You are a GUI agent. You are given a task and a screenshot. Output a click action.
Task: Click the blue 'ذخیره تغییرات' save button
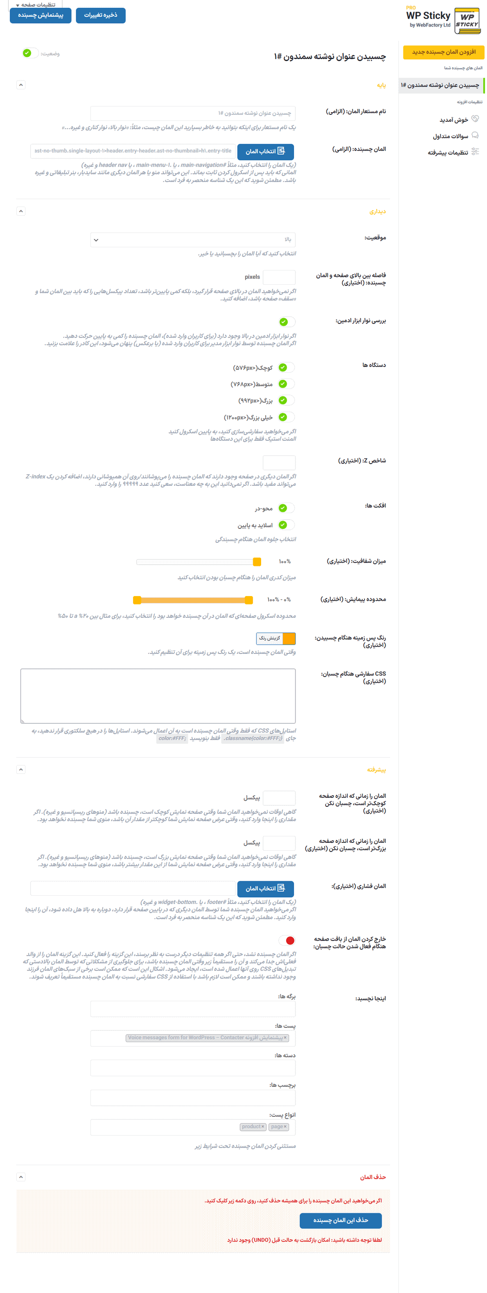click(101, 15)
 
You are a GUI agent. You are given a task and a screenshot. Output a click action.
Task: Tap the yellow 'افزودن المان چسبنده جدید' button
click(443, 52)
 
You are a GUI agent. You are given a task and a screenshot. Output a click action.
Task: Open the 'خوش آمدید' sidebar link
click(453, 120)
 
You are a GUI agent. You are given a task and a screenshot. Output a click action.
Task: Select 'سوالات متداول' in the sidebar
click(450, 136)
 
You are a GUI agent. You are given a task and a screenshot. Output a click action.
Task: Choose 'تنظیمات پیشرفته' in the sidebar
click(447, 152)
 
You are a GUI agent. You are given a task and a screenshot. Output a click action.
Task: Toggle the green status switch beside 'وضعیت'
click(30, 53)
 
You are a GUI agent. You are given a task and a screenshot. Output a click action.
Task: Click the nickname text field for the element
click(193, 113)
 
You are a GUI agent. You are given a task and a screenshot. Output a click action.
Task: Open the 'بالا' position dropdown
click(193, 240)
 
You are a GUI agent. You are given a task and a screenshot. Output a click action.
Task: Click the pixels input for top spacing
click(279, 277)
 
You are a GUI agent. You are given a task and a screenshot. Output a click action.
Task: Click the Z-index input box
click(279, 462)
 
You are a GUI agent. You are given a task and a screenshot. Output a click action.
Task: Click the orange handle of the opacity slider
click(257, 562)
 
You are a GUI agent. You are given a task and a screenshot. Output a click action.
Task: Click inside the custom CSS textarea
click(158, 696)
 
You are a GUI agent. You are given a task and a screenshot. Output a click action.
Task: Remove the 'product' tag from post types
click(263, 1127)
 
